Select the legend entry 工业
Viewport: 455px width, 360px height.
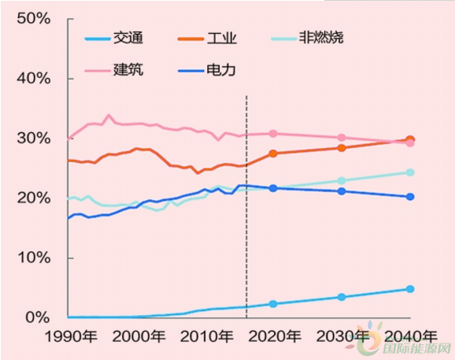coord(220,37)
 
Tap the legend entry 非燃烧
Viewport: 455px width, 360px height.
coord(320,37)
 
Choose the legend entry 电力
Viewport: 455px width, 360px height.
coord(220,69)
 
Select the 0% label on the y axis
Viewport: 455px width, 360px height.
coord(38,317)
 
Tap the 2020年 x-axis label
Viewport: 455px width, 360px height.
coord(273,337)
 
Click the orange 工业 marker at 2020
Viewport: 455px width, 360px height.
coord(273,154)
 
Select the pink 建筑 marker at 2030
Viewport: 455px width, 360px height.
coord(342,138)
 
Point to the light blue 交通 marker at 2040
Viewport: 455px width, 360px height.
coord(410,289)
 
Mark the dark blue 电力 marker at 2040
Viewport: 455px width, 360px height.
coord(410,197)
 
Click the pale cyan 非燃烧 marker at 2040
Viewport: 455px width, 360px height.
coord(410,172)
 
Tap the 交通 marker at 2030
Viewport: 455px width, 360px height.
coord(342,297)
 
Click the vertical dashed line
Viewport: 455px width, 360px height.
coord(247,205)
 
